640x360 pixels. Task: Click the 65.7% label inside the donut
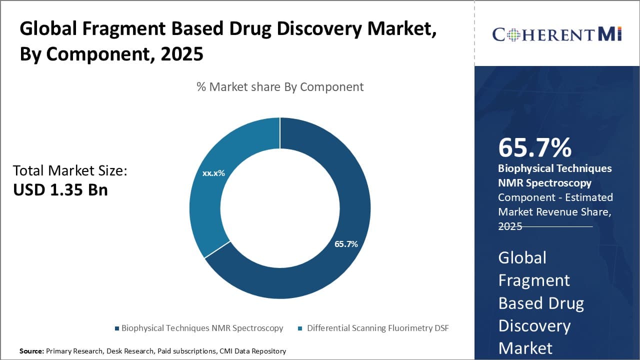coord(346,244)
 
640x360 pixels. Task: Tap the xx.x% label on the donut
coord(213,173)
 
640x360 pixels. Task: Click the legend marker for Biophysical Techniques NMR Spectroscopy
coord(117,328)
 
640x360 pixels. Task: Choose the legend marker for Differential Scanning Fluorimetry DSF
coord(300,328)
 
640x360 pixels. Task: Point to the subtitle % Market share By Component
coord(280,86)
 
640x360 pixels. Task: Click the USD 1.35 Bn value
coord(60,190)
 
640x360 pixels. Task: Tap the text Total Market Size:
coord(70,171)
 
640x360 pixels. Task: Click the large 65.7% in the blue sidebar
coord(535,147)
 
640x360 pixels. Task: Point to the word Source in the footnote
coord(31,351)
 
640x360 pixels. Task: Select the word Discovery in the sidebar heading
coord(534,325)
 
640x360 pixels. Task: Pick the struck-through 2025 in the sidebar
coord(510,226)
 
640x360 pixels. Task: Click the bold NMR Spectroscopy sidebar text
coord(544,183)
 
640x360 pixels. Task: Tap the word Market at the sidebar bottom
coord(525,348)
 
